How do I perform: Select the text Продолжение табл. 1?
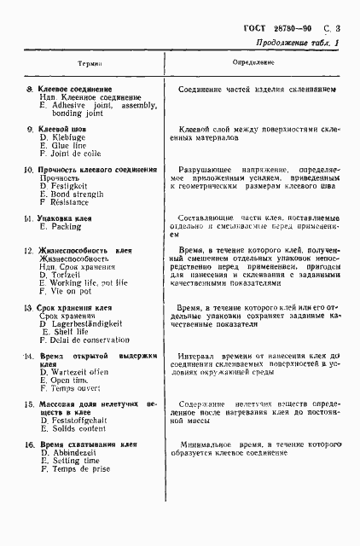click(x=296, y=44)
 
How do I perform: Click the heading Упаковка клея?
click(x=63, y=220)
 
